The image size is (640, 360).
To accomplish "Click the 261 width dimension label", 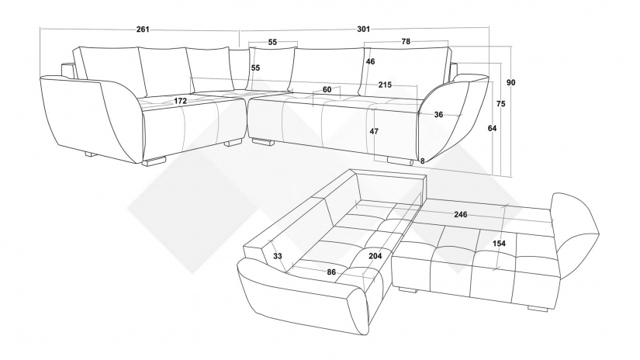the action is (x=143, y=29).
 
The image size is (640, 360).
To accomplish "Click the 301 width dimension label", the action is (x=363, y=29).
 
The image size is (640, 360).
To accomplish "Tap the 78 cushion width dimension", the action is (x=406, y=41).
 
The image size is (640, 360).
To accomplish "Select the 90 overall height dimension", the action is (x=511, y=82).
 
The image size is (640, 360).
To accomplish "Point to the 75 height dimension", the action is (x=501, y=104).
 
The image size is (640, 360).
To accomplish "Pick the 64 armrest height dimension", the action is (x=493, y=128).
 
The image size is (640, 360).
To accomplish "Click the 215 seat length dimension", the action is (x=385, y=85).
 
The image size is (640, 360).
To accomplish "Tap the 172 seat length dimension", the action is (x=180, y=101).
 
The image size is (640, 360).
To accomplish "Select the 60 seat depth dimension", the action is (x=327, y=89).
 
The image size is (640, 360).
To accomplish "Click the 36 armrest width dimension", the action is (x=438, y=115).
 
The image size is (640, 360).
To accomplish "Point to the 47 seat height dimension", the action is (x=374, y=131).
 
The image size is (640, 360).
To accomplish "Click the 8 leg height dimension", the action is (x=423, y=161).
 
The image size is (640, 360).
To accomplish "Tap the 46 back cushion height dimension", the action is (x=370, y=61).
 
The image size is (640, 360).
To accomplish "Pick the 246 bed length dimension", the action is (x=461, y=215).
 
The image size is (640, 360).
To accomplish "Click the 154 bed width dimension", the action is (x=499, y=244).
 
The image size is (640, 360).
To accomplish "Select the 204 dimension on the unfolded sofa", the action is (x=375, y=256).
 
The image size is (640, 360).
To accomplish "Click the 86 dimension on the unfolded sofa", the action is (x=331, y=272).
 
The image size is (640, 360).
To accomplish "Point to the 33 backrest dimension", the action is (x=278, y=256).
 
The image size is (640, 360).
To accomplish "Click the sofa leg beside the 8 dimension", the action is (x=401, y=161).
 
